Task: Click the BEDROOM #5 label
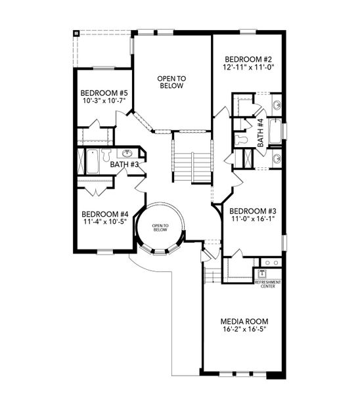[104, 93]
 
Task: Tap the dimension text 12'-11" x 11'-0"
[248, 66]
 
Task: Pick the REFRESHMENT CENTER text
[267, 284]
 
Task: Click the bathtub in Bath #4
[275, 131]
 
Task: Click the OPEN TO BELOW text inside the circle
[161, 228]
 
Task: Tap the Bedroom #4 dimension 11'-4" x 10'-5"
[104, 222]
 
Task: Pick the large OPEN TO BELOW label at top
[172, 82]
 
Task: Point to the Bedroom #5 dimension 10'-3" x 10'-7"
[104, 101]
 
